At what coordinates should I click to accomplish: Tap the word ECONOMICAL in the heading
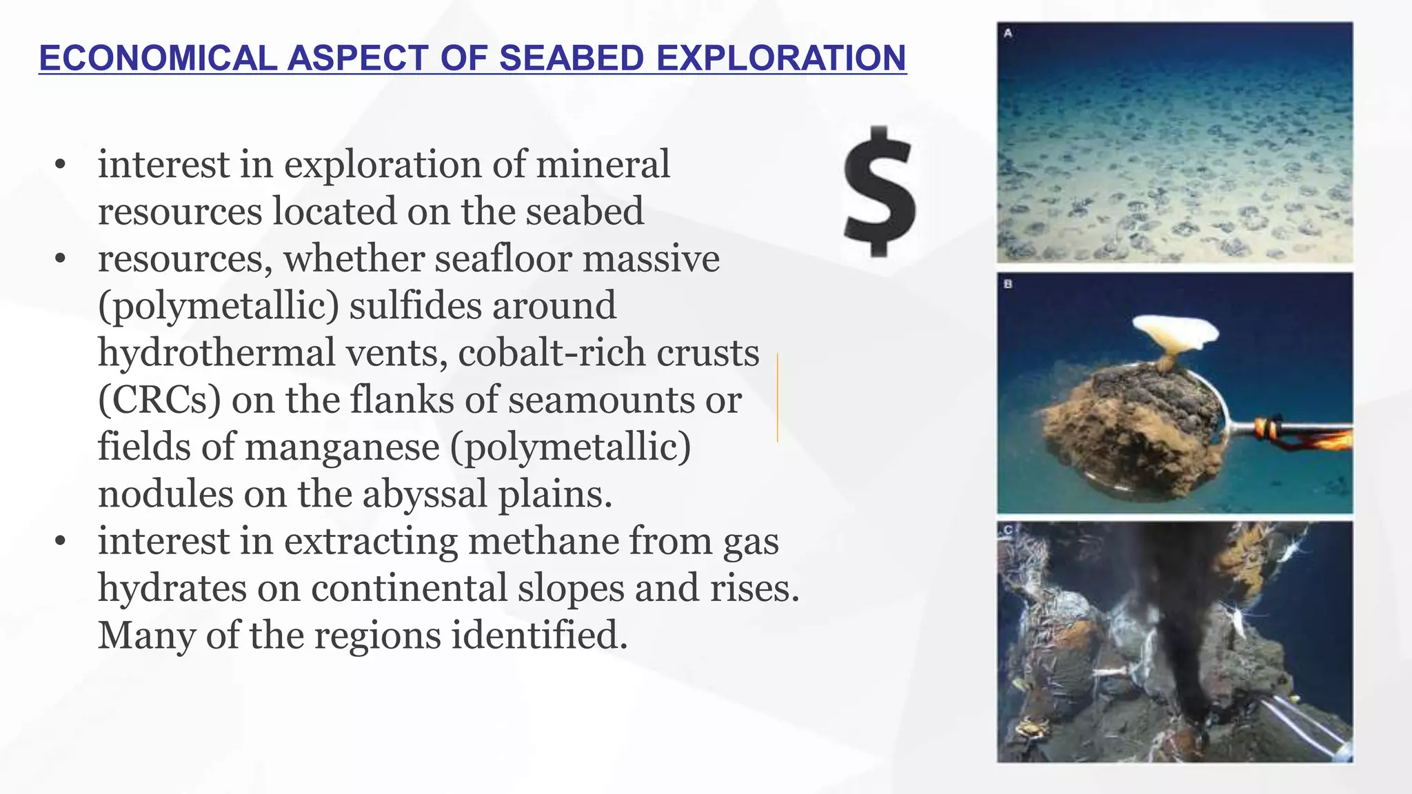(x=158, y=58)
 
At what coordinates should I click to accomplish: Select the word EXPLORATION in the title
(x=781, y=58)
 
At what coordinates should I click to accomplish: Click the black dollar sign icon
(x=880, y=192)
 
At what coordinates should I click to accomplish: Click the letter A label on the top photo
(x=1008, y=33)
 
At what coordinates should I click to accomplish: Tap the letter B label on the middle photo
(x=1008, y=284)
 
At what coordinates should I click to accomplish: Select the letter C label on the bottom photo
(x=1008, y=530)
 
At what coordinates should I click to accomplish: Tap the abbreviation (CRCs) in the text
(x=159, y=400)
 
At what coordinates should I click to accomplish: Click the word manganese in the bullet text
(x=342, y=447)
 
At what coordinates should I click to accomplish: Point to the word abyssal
(x=425, y=494)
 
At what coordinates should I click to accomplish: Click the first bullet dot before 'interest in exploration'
(x=61, y=165)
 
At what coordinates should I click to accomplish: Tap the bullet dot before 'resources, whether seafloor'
(x=61, y=260)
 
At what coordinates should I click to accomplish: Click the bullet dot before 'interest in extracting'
(x=61, y=542)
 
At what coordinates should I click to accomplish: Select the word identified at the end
(x=539, y=635)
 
